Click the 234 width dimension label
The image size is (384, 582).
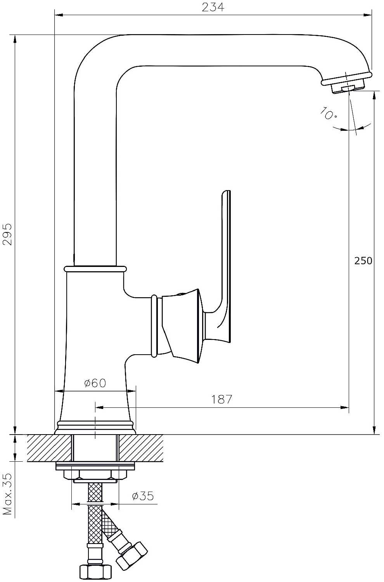click(213, 7)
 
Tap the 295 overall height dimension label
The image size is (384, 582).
click(7, 234)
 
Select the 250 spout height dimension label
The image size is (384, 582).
click(363, 261)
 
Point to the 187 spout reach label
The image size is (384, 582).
click(221, 399)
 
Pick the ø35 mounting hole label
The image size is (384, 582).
click(143, 496)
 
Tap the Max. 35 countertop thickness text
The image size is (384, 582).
click(7, 494)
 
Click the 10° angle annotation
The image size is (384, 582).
click(328, 113)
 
